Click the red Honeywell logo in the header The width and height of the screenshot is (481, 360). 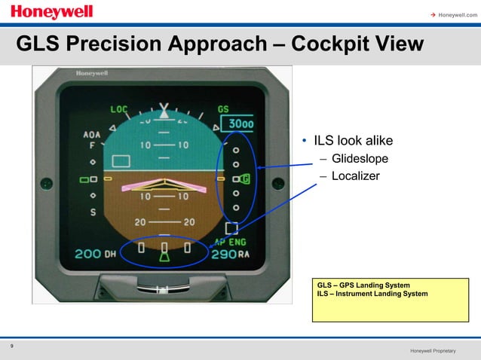point(52,12)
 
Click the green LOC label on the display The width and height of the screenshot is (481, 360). point(119,109)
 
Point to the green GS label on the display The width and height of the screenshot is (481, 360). point(223,109)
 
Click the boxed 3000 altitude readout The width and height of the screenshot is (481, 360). point(241,124)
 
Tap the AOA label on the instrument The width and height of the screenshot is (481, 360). point(91,135)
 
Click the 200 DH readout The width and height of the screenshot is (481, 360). point(95,254)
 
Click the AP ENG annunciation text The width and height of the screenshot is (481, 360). point(231,243)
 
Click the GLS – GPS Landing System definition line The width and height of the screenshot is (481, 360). point(363,285)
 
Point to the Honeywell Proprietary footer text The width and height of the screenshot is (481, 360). point(434,352)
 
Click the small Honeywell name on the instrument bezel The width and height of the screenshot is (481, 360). point(90,73)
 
